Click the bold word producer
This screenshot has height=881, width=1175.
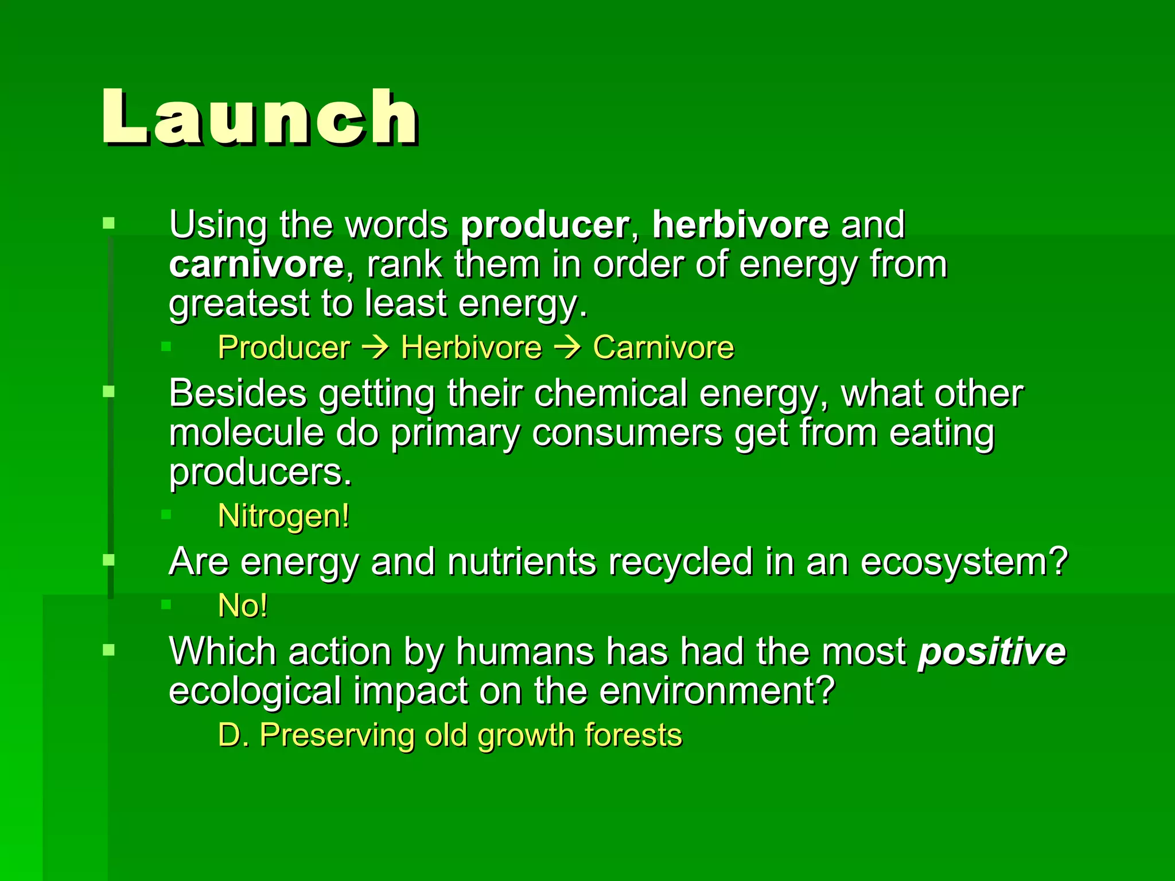pyautogui.click(x=544, y=225)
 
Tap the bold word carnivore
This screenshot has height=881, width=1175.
pyautogui.click(x=256, y=264)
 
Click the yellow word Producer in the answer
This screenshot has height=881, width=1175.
pyautogui.click(x=284, y=348)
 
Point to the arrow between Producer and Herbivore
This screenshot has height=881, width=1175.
pyautogui.click(x=376, y=348)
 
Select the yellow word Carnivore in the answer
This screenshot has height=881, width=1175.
pyautogui.click(x=663, y=348)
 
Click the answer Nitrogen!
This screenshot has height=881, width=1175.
pyautogui.click(x=284, y=516)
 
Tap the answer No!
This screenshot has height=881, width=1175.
pyautogui.click(x=243, y=606)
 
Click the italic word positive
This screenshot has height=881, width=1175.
pyautogui.click(x=991, y=653)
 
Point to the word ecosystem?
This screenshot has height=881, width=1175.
pyautogui.click(x=964, y=562)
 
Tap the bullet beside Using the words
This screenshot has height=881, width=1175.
pyautogui.click(x=108, y=223)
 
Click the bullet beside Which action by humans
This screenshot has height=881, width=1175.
pyautogui.click(x=108, y=650)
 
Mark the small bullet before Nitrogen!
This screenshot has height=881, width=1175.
pyautogui.click(x=166, y=514)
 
